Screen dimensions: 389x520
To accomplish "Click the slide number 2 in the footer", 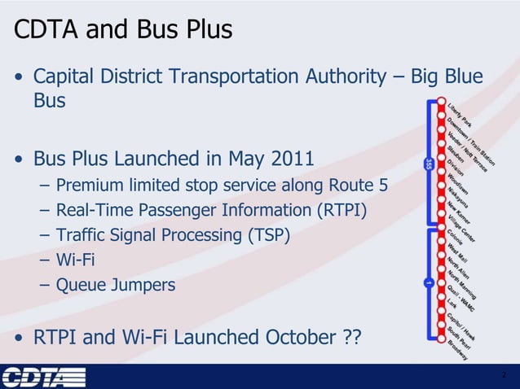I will tap(505, 375).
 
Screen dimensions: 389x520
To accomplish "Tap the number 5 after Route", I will tap(382, 187).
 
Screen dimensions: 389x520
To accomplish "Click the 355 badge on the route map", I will tap(428, 164).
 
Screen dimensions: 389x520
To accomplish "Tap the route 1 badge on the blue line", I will tap(428, 283).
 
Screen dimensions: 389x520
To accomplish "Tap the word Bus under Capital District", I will tap(49, 103).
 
